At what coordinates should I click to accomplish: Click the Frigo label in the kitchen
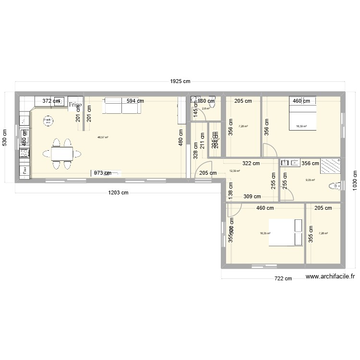[x=75, y=104]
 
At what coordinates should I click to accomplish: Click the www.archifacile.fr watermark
[x=330, y=276]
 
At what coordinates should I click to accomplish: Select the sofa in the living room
[x=122, y=107]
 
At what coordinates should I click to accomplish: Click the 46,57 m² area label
[x=103, y=137]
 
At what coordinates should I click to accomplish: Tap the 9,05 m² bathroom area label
[x=310, y=180]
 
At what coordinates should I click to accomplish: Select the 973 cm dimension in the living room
[x=102, y=173]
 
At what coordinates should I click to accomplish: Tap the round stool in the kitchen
[x=48, y=121]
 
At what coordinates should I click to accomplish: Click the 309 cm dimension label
[x=252, y=196]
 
